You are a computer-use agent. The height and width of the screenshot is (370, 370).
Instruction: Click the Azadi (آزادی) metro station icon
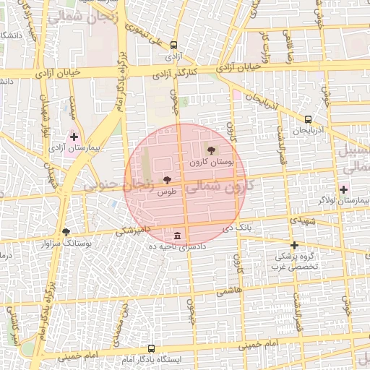(x=173, y=45)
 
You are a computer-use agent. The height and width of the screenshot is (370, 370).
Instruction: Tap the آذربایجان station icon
(x=309, y=119)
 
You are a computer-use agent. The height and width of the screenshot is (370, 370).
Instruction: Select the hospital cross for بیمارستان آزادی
(x=74, y=136)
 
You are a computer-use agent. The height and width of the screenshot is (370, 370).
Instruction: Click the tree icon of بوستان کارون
(x=211, y=150)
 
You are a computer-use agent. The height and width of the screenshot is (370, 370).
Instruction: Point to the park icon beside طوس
(x=168, y=179)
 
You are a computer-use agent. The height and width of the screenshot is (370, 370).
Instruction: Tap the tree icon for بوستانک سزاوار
(x=66, y=232)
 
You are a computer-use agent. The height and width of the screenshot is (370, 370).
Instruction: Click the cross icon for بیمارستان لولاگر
(x=343, y=189)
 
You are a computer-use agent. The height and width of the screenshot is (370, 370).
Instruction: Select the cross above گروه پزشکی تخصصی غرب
(x=294, y=246)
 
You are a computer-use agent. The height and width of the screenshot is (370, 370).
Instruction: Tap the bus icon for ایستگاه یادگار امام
(x=152, y=348)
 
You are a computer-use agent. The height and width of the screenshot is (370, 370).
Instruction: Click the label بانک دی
(x=238, y=228)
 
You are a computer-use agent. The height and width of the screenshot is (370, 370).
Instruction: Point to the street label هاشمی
(x=227, y=289)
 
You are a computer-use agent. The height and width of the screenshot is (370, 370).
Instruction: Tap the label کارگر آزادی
(x=173, y=73)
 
